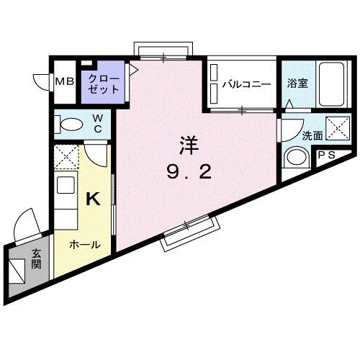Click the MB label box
click(65, 81)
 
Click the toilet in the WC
click(71, 124)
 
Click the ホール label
click(84, 245)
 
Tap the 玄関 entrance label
click(35, 259)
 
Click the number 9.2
click(188, 172)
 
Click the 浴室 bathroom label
click(297, 84)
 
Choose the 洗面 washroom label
click(292, 135)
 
